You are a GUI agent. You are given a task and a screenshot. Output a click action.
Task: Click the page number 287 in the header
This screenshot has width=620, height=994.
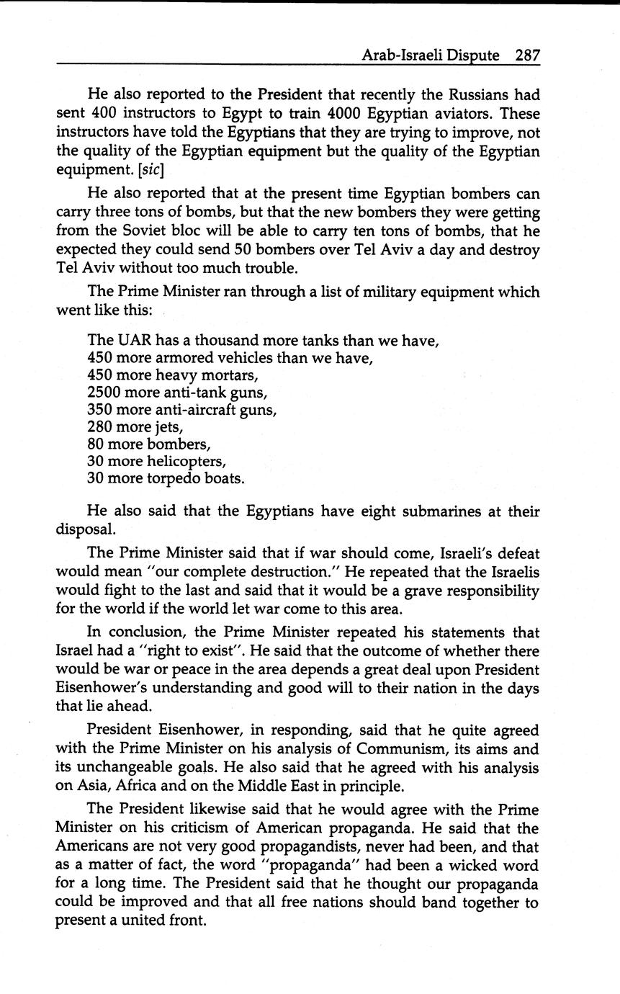pos(527,55)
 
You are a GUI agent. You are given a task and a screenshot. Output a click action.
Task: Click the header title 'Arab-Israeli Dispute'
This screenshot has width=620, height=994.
pos(431,55)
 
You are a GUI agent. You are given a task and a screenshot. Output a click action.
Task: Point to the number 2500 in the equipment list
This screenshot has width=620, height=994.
pos(104,393)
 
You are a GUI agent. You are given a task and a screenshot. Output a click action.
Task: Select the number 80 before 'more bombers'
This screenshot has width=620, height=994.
pos(95,444)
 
